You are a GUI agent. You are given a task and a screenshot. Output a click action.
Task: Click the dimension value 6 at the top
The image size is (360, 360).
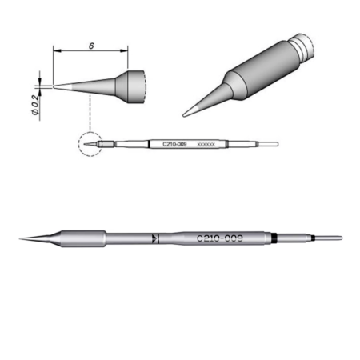pyautogui.click(x=92, y=46)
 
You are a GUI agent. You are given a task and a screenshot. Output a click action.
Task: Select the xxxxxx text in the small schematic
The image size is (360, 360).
pyautogui.click(x=206, y=144)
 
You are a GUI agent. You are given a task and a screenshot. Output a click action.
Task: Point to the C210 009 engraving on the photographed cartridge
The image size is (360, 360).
pyautogui.click(x=219, y=238)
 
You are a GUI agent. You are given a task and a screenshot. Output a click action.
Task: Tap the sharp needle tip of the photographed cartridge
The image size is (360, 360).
pyautogui.click(x=22, y=237)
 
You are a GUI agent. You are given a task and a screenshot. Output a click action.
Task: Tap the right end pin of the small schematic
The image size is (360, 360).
pyautogui.click(x=270, y=145)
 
